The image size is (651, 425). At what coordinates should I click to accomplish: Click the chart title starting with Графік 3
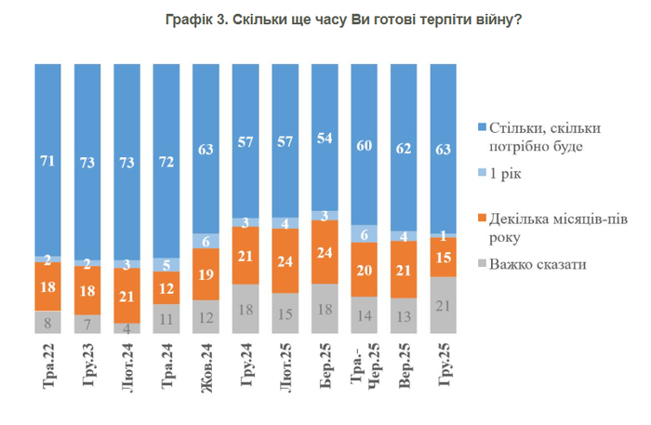coord(325,21)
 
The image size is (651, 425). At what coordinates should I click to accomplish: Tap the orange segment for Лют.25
coord(286,260)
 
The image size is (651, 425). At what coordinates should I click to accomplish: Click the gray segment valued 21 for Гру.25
coord(444,305)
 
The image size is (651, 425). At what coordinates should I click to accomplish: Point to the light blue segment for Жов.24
coord(206,240)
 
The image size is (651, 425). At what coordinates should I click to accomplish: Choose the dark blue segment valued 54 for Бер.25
coord(325,138)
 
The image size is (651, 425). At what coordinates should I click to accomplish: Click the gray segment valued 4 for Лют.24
coord(127,327)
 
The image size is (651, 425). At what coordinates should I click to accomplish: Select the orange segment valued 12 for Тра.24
coord(166,287)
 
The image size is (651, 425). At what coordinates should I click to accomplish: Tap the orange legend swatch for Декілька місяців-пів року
coord(482,216)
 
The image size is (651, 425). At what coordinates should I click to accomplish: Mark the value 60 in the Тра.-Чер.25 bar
coord(365,144)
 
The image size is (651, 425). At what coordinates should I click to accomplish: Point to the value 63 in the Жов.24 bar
coord(206,147)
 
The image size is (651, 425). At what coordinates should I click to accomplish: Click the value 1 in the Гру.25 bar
coord(444,235)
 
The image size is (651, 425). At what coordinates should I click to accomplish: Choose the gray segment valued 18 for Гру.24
coord(246,309)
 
